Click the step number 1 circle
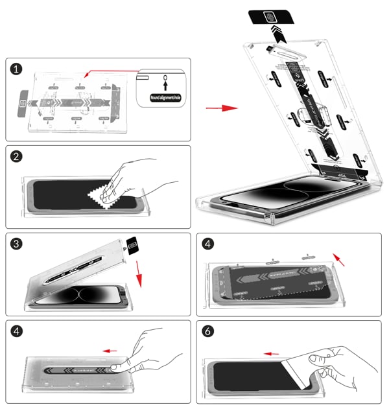[16, 69]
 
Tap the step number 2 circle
[16, 156]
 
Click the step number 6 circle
[207, 331]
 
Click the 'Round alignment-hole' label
[163, 99]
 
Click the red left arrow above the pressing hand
[110, 350]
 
